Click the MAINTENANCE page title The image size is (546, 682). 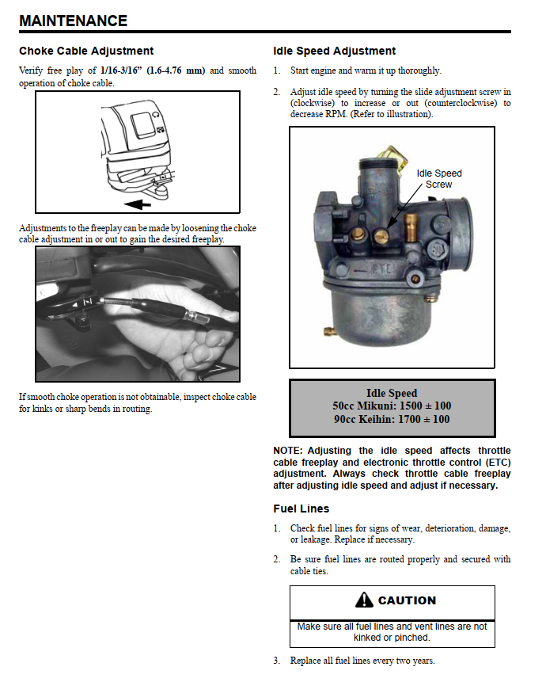73,21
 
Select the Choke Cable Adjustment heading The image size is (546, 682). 86,51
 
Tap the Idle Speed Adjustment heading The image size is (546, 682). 334,51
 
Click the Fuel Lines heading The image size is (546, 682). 301,509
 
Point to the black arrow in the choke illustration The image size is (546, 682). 138,204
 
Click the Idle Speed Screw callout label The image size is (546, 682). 439,178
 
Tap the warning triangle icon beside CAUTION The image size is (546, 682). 364,600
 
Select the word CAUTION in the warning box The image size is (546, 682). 407,600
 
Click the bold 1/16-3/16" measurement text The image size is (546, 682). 153,70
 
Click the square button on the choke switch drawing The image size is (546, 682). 142,122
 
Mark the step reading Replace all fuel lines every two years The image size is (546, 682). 362,661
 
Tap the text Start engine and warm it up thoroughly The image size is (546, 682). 366,70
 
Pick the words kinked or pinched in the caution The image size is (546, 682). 392,637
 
